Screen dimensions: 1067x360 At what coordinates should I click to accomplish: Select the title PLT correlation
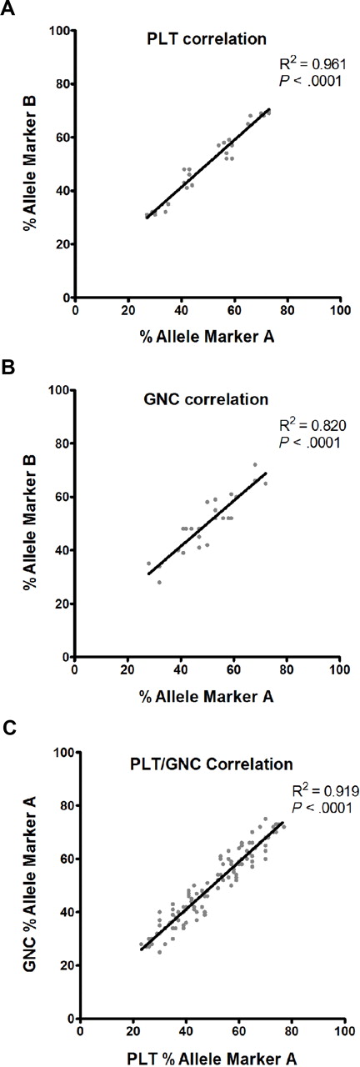(x=196, y=38)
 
